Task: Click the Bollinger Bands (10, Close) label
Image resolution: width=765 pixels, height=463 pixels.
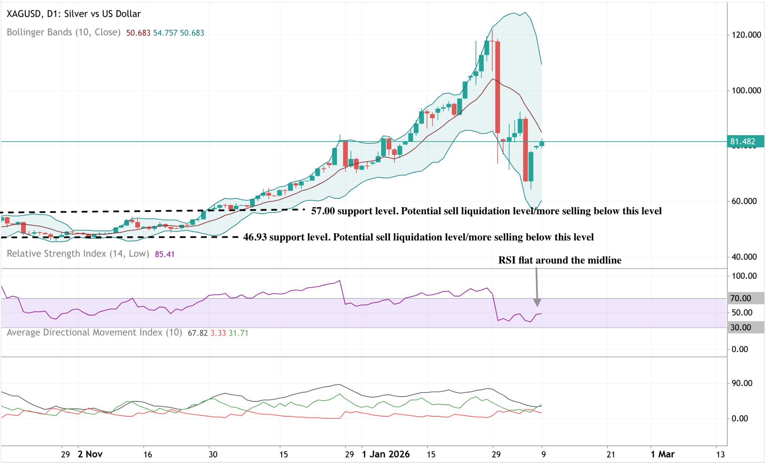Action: coord(64,32)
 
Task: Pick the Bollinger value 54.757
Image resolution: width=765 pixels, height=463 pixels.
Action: coord(165,33)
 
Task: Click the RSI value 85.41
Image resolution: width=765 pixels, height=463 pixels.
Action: coord(164,254)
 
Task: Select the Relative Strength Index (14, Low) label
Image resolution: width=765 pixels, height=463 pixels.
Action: coord(78,254)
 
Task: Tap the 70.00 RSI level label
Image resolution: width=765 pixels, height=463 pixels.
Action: coord(741,298)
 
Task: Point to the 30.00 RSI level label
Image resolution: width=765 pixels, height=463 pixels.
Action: coord(741,327)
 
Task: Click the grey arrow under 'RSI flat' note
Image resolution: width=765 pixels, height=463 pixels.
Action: coord(537,288)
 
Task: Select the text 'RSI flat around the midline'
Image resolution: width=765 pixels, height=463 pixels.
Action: coord(560,260)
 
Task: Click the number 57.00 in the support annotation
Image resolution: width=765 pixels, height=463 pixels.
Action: coord(323,211)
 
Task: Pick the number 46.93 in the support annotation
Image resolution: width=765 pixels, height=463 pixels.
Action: coord(255,237)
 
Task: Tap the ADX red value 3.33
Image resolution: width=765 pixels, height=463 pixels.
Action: coord(218,333)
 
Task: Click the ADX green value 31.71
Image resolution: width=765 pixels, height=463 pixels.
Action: coord(238,333)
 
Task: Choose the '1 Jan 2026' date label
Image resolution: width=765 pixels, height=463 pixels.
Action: coord(385,454)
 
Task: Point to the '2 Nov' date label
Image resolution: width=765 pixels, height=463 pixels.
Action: coord(90,454)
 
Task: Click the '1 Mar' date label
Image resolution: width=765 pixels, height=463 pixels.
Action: coord(662,454)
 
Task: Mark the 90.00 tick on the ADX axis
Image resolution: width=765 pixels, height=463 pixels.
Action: coord(742,383)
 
